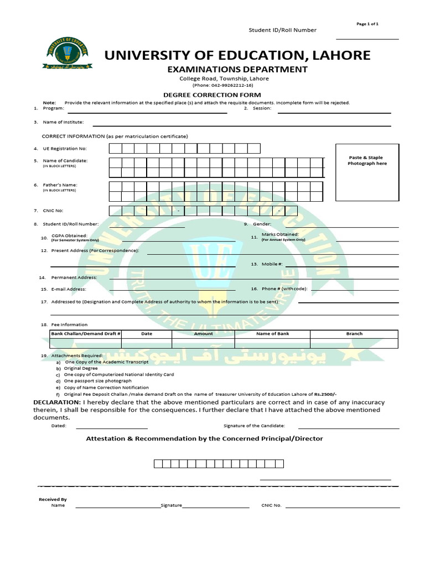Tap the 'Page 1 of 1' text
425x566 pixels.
(367, 24)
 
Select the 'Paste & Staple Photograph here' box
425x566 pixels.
(367, 172)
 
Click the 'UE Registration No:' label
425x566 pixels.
(65, 149)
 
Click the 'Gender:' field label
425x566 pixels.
(262, 224)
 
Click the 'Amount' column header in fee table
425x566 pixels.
(203, 334)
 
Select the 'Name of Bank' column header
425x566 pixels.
(272, 334)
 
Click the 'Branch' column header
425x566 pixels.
(354, 334)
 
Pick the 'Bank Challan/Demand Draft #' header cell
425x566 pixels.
(86, 334)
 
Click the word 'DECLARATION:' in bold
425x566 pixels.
(57, 402)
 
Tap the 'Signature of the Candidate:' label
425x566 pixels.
(254, 426)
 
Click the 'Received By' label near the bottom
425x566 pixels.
(53, 499)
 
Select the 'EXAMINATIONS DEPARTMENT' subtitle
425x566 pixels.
(237, 70)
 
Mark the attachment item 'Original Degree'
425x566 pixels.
(81, 368)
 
